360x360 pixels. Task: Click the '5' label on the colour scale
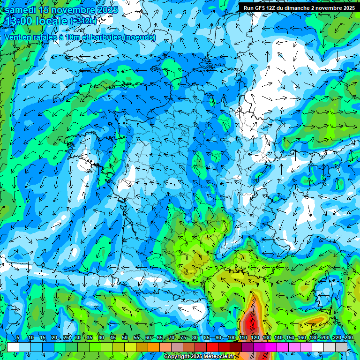tap(18, 338)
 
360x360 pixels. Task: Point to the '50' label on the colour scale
tap(125, 338)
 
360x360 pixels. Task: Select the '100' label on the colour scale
tap(232, 338)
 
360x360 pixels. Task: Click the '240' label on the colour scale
tap(348, 338)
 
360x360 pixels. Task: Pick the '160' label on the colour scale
tap(302, 338)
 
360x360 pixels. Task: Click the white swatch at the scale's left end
tap(13, 347)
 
